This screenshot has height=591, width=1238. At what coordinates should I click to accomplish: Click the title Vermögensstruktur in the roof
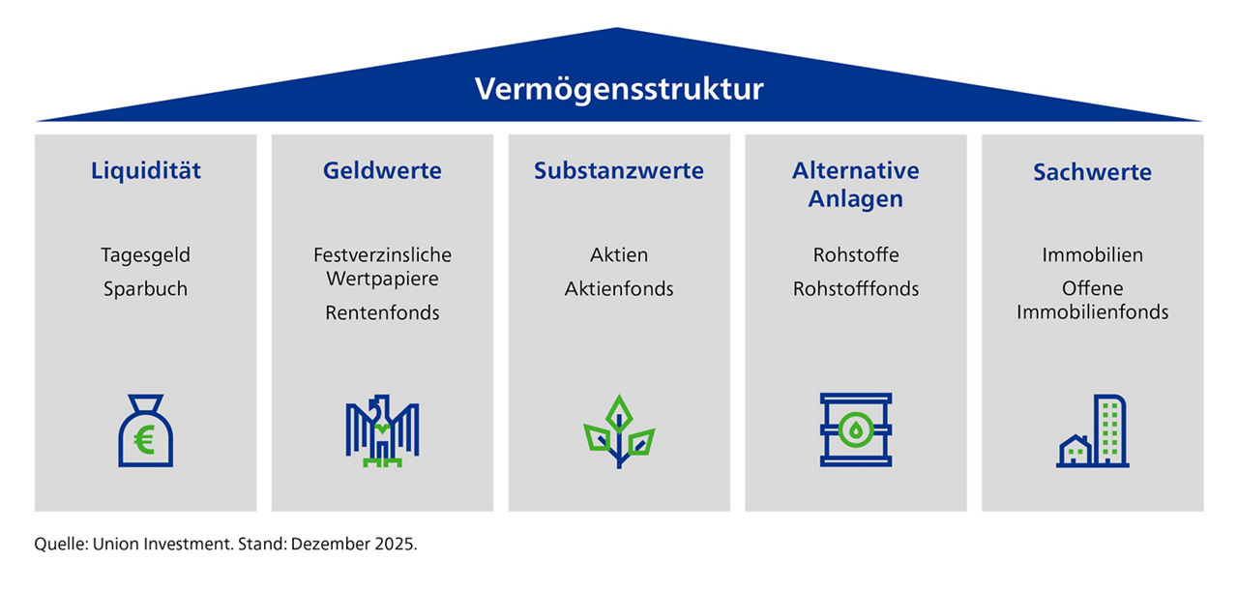click(619, 90)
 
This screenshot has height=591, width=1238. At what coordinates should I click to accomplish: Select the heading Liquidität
click(146, 171)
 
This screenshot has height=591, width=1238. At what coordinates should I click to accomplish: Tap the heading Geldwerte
click(382, 171)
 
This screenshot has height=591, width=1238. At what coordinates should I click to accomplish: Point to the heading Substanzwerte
click(619, 171)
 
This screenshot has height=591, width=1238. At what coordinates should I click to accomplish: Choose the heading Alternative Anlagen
click(855, 184)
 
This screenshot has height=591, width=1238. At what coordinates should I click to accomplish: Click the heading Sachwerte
click(1092, 172)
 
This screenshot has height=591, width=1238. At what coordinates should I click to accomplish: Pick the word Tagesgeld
click(146, 255)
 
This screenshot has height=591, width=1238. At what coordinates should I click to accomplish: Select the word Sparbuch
click(146, 288)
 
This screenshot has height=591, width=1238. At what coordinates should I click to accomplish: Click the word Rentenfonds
click(382, 312)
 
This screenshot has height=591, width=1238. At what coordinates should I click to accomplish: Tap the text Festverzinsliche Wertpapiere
click(382, 267)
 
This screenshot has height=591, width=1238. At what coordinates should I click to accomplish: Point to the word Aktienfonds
click(619, 288)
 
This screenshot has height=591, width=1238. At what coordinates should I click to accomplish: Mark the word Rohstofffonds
click(855, 288)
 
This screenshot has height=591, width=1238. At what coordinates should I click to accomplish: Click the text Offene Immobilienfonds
click(1092, 300)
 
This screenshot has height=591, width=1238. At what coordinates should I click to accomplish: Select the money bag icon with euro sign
click(145, 431)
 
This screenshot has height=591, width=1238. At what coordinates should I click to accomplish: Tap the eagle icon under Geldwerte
click(382, 430)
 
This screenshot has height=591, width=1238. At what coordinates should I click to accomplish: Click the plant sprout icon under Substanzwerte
click(619, 431)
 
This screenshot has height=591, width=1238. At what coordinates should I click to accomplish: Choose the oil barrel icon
click(856, 430)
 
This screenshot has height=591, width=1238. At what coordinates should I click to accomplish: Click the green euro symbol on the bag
click(145, 442)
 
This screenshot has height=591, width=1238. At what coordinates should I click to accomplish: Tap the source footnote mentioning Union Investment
click(225, 544)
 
